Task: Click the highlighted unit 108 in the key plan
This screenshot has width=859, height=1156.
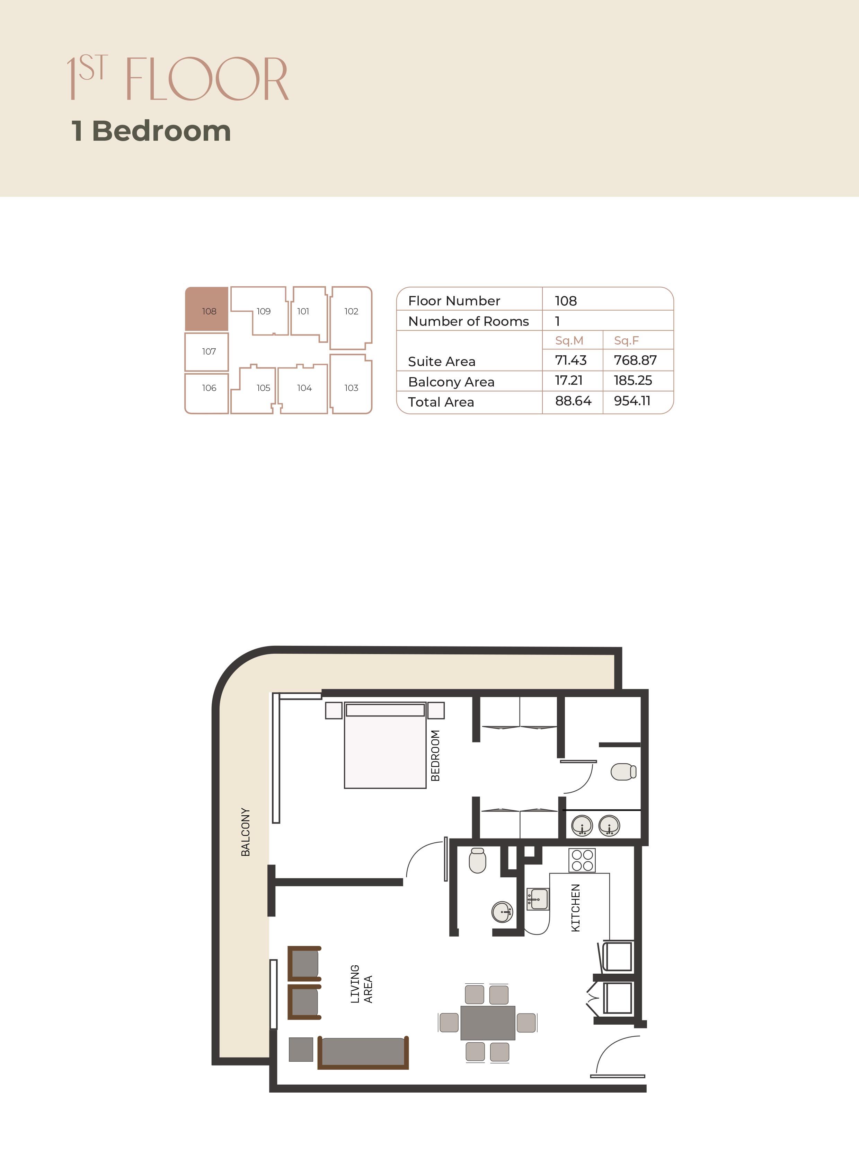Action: (x=206, y=309)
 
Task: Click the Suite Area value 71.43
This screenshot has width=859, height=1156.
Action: (x=570, y=360)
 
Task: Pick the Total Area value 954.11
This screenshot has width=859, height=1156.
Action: (x=632, y=401)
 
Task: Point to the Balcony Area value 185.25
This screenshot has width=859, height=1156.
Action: (x=633, y=380)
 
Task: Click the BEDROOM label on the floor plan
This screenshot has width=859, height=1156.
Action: (x=435, y=755)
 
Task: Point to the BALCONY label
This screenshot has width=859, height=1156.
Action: (x=246, y=832)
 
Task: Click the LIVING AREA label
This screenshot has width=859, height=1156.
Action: (x=361, y=984)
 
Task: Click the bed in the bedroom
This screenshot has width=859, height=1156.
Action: (x=385, y=745)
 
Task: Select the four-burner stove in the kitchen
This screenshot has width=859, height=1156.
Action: (x=582, y=860)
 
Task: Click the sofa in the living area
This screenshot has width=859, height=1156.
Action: (x=363, y=1052)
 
